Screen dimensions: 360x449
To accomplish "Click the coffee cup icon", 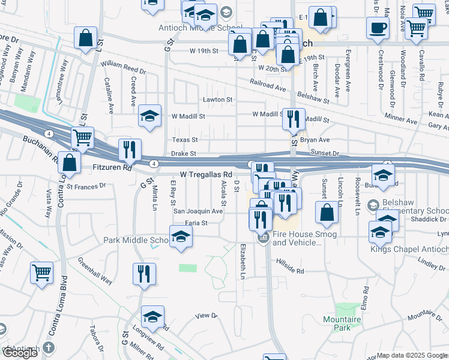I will [378, 28].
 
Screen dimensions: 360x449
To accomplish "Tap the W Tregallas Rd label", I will [206, 174].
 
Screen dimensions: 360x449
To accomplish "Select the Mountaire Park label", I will [342, 323].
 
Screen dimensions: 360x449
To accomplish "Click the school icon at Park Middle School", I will [180, 237].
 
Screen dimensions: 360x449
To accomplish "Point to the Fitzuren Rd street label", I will [112, 169].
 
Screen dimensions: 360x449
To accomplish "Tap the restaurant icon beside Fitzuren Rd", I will [130, 150].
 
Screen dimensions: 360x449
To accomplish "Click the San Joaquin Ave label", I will [198, 211].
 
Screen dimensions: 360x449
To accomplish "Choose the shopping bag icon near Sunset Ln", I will [327, 212].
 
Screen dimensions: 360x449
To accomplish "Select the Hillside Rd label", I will [290, 271].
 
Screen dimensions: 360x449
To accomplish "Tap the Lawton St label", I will [217, 99].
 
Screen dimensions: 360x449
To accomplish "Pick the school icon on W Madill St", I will [149, 116].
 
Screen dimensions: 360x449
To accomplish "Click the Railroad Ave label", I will [268, 87].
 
